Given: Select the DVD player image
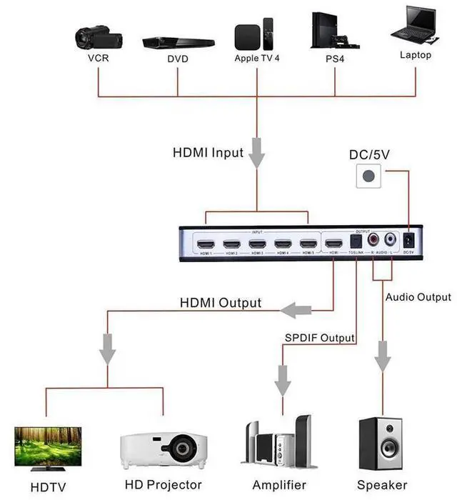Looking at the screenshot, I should tap(178, 42).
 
